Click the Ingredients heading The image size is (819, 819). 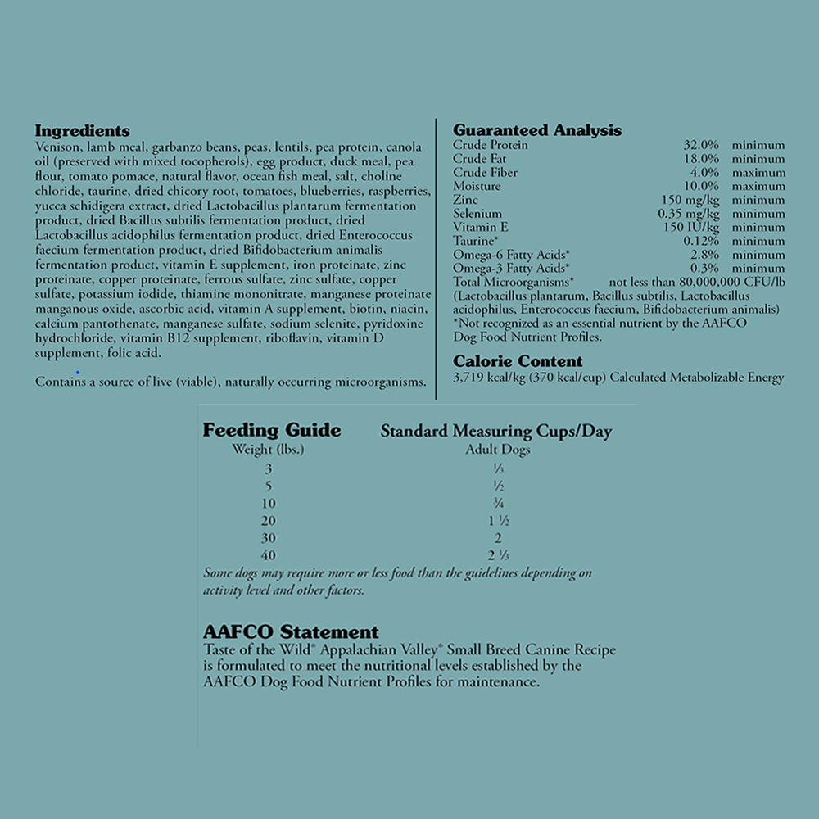(x=82, y=131)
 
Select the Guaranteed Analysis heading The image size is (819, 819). (x=537, y=131)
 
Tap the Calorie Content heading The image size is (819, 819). (x=518, y=362)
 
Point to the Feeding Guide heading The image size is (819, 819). (x=272, y=431)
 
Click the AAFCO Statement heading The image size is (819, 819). (x=291, y=632)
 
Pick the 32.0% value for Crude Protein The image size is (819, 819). (x=701, y=146)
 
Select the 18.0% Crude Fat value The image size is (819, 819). (x=701, y=159)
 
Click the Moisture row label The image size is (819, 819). (x=477, y=187)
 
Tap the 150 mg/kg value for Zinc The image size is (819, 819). (x=690, y=201)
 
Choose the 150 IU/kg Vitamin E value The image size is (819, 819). (x=691, y=228)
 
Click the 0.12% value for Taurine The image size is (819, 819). (x=701, y=242)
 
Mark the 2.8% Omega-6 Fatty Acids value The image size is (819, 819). (x=704, y=256)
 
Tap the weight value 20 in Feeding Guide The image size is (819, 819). (x=269, y=521)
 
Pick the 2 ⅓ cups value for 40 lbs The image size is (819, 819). (x=498, y=555)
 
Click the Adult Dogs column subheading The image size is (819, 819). (x=498, y=450)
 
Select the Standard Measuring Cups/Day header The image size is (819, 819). (x=495, y=432)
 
